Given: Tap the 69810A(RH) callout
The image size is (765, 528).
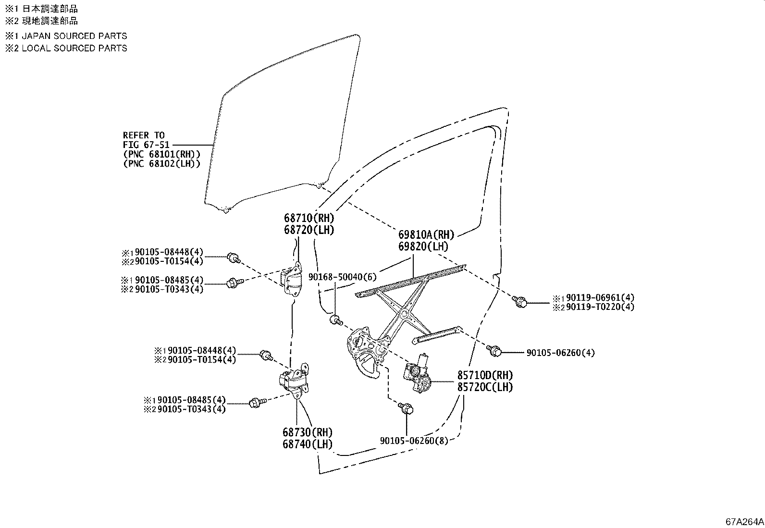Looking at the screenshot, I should (x=426, y=235).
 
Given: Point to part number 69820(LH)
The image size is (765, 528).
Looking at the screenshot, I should (x=423, y=246).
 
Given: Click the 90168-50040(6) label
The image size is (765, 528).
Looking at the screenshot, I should (x=343, y=277).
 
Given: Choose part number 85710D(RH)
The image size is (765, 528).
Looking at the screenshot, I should (x=484, y=376).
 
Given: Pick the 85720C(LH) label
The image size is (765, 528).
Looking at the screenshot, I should (x=484, y=387).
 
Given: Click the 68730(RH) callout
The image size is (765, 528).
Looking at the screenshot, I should (x=308, y=432).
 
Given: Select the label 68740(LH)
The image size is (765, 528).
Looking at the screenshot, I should (x=308, y=444).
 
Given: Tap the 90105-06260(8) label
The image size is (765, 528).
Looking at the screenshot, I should (x=414, y=441).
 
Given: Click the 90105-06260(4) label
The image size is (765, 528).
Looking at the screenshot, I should (x=560, y=353).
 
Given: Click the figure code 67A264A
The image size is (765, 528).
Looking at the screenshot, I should (x=744, y=521).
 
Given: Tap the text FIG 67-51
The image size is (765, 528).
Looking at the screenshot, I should (x=144, y=145).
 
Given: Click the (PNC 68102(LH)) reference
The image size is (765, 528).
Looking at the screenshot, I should (x=161, y=163).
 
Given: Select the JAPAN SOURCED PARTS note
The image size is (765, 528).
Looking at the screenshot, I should (x=74, y=36).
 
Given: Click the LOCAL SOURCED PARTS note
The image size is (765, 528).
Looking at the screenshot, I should (x=74, y=48).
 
